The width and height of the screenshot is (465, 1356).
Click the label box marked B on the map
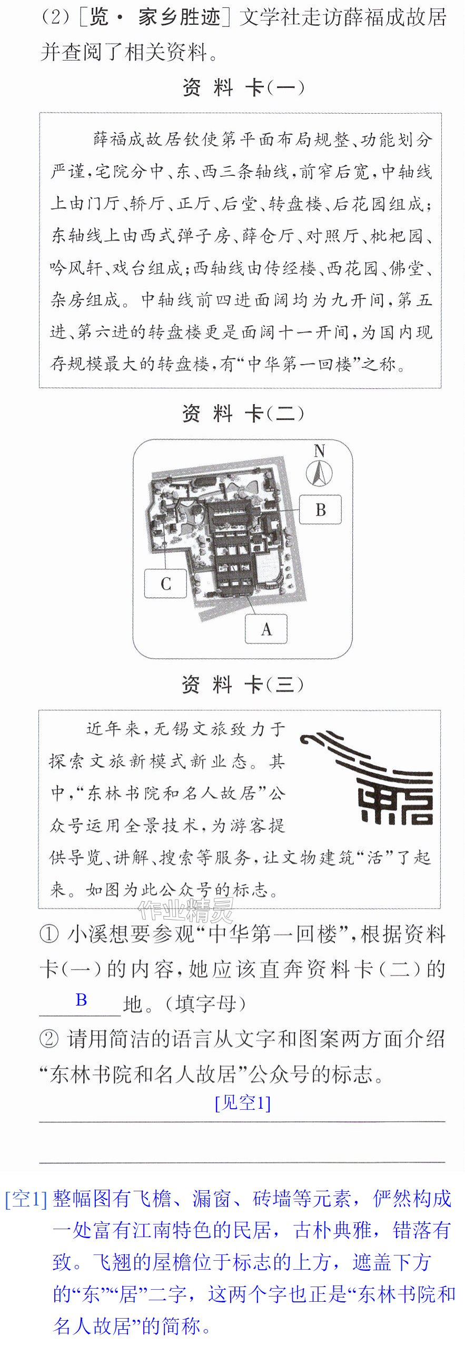pyautogui.click(x=320, y=509)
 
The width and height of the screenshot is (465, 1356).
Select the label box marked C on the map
pyautogui.click(x=166, y=583)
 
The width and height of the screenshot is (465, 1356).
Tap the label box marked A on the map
pyautogui.click(x=266, y=628)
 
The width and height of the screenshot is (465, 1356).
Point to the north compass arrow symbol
pyautogui.click(x=319, y=473)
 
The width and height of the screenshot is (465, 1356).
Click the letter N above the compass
pyautogui.click(x=319, y=450)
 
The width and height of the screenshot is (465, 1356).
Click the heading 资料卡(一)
pyautogui.click(x=243, y=87)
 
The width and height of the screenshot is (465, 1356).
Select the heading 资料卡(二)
pyautogui.click(x=243, y=414)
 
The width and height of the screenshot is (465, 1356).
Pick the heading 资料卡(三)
pyautogui.click(x=243, y=685)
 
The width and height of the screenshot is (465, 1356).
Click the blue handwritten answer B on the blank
pyautogui.click(x=81, y=999)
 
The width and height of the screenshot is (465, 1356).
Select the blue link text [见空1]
pyautogui.click(x=243, y=1102)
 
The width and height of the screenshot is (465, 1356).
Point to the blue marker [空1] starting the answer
pyautogui.click(x=26, y=1199)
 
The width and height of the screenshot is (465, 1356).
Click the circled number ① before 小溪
pyautogui.click(x=49, y=935)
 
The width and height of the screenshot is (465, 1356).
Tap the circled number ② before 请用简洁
pyautogui.click(x=49, y=1039)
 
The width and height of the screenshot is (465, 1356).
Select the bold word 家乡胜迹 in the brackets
pyautogui.click(x=180, y=17)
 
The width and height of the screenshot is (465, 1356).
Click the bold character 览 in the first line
pyautogui.click(x=99, y=17)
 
